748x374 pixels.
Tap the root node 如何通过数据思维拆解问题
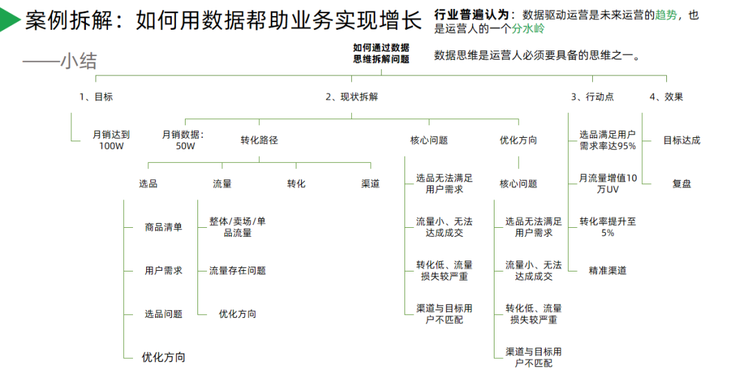point(381,53)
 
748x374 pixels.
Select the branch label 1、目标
point(96,97)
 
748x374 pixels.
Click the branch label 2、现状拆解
point(352,97)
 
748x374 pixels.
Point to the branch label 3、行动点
point(592,97)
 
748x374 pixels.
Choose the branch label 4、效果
point(666,97)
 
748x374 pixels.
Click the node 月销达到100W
point(111,141)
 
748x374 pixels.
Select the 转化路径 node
point(259,140)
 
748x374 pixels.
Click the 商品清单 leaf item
point(163,227)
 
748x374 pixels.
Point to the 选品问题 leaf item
point(163,314)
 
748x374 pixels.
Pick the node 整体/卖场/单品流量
point(237,227)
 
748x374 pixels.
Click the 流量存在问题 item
point(238,271)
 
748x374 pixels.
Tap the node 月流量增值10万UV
point(607,184)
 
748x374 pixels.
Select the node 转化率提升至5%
point(607,227)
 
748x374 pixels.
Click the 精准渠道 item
point(607,271)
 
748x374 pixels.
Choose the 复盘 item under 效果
point(682,184)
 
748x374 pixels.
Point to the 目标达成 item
point(682,140)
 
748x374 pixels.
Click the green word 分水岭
point(528,29)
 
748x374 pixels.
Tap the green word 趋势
point(665,15)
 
